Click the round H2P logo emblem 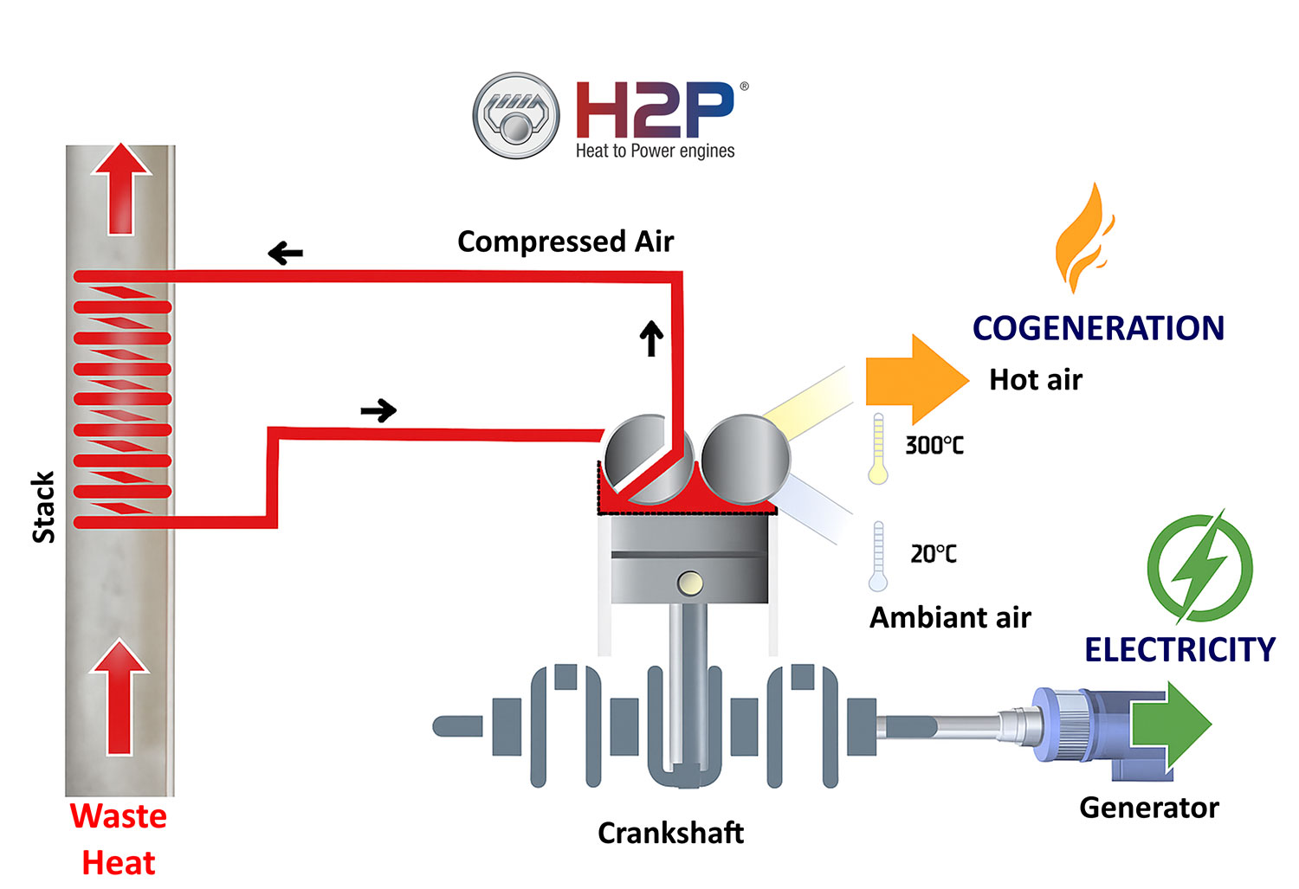[516, 115]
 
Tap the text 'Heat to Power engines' [655, 151]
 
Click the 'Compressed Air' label [565, 242]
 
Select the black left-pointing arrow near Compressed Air [285, 254]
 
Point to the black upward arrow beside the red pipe [651, 338]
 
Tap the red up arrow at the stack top [121, 188]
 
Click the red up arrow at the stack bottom [120, 697]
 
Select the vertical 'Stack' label [43, 507]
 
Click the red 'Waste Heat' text [119, 839]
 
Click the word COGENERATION [1098, 328]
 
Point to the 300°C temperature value [934, 445]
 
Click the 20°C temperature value [933, 553]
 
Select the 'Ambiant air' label [950, 617]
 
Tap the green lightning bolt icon [1199, 568]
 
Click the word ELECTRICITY [1179, 649]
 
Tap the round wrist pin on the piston [690, 583]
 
